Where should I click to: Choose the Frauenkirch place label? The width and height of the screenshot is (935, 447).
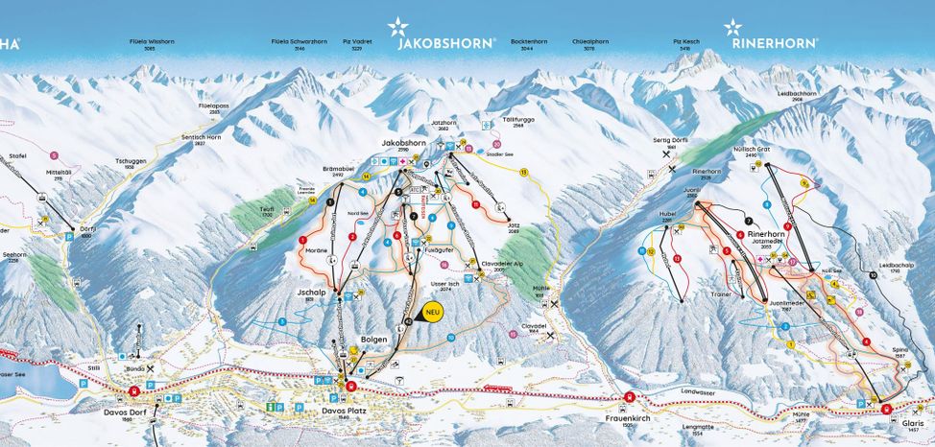click(x=626, y=416)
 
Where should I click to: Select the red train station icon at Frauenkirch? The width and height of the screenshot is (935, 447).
click(x=629, y=398)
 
